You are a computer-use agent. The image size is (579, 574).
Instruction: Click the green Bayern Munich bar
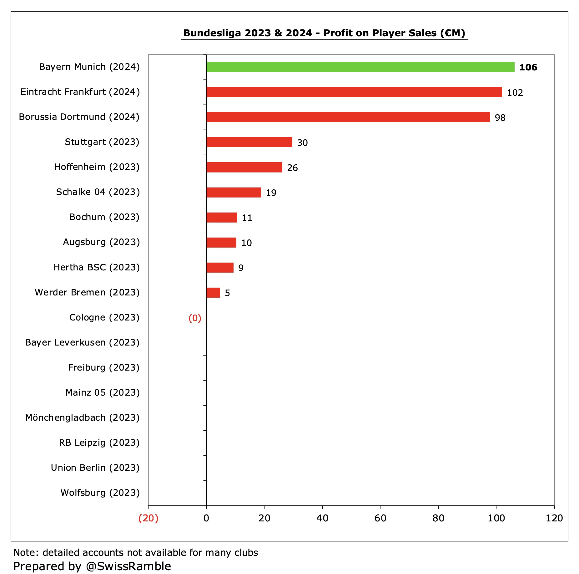point(360,67)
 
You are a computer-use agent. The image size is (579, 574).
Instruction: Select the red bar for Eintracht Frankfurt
point(354,92)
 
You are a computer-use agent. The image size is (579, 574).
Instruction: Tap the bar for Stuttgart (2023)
point(249,142)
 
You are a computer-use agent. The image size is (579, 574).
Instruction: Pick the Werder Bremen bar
point(213,293)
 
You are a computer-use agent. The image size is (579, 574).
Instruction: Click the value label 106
point(528,67)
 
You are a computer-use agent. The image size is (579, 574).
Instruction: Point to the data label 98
point(500,118)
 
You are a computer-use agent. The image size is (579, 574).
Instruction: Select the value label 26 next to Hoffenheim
point(292,168)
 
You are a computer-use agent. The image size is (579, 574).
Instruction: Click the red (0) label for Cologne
point(195,318)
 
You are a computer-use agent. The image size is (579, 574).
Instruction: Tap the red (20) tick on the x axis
point(148,518)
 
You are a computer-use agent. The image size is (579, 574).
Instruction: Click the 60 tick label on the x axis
point(380,518)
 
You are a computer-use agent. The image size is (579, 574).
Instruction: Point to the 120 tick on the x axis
point(554,518)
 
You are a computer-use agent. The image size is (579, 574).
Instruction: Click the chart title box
point(324,33)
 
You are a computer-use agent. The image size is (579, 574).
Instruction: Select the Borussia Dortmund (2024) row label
point(79,117)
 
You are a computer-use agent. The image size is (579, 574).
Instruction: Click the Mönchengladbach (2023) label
point(82,418)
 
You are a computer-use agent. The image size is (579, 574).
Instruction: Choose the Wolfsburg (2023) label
point(100,493)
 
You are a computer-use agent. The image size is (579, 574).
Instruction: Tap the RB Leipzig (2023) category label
point(99,443)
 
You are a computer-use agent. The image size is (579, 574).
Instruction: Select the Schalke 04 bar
point(234,192)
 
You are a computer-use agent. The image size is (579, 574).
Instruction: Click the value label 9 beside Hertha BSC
point(241,268)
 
